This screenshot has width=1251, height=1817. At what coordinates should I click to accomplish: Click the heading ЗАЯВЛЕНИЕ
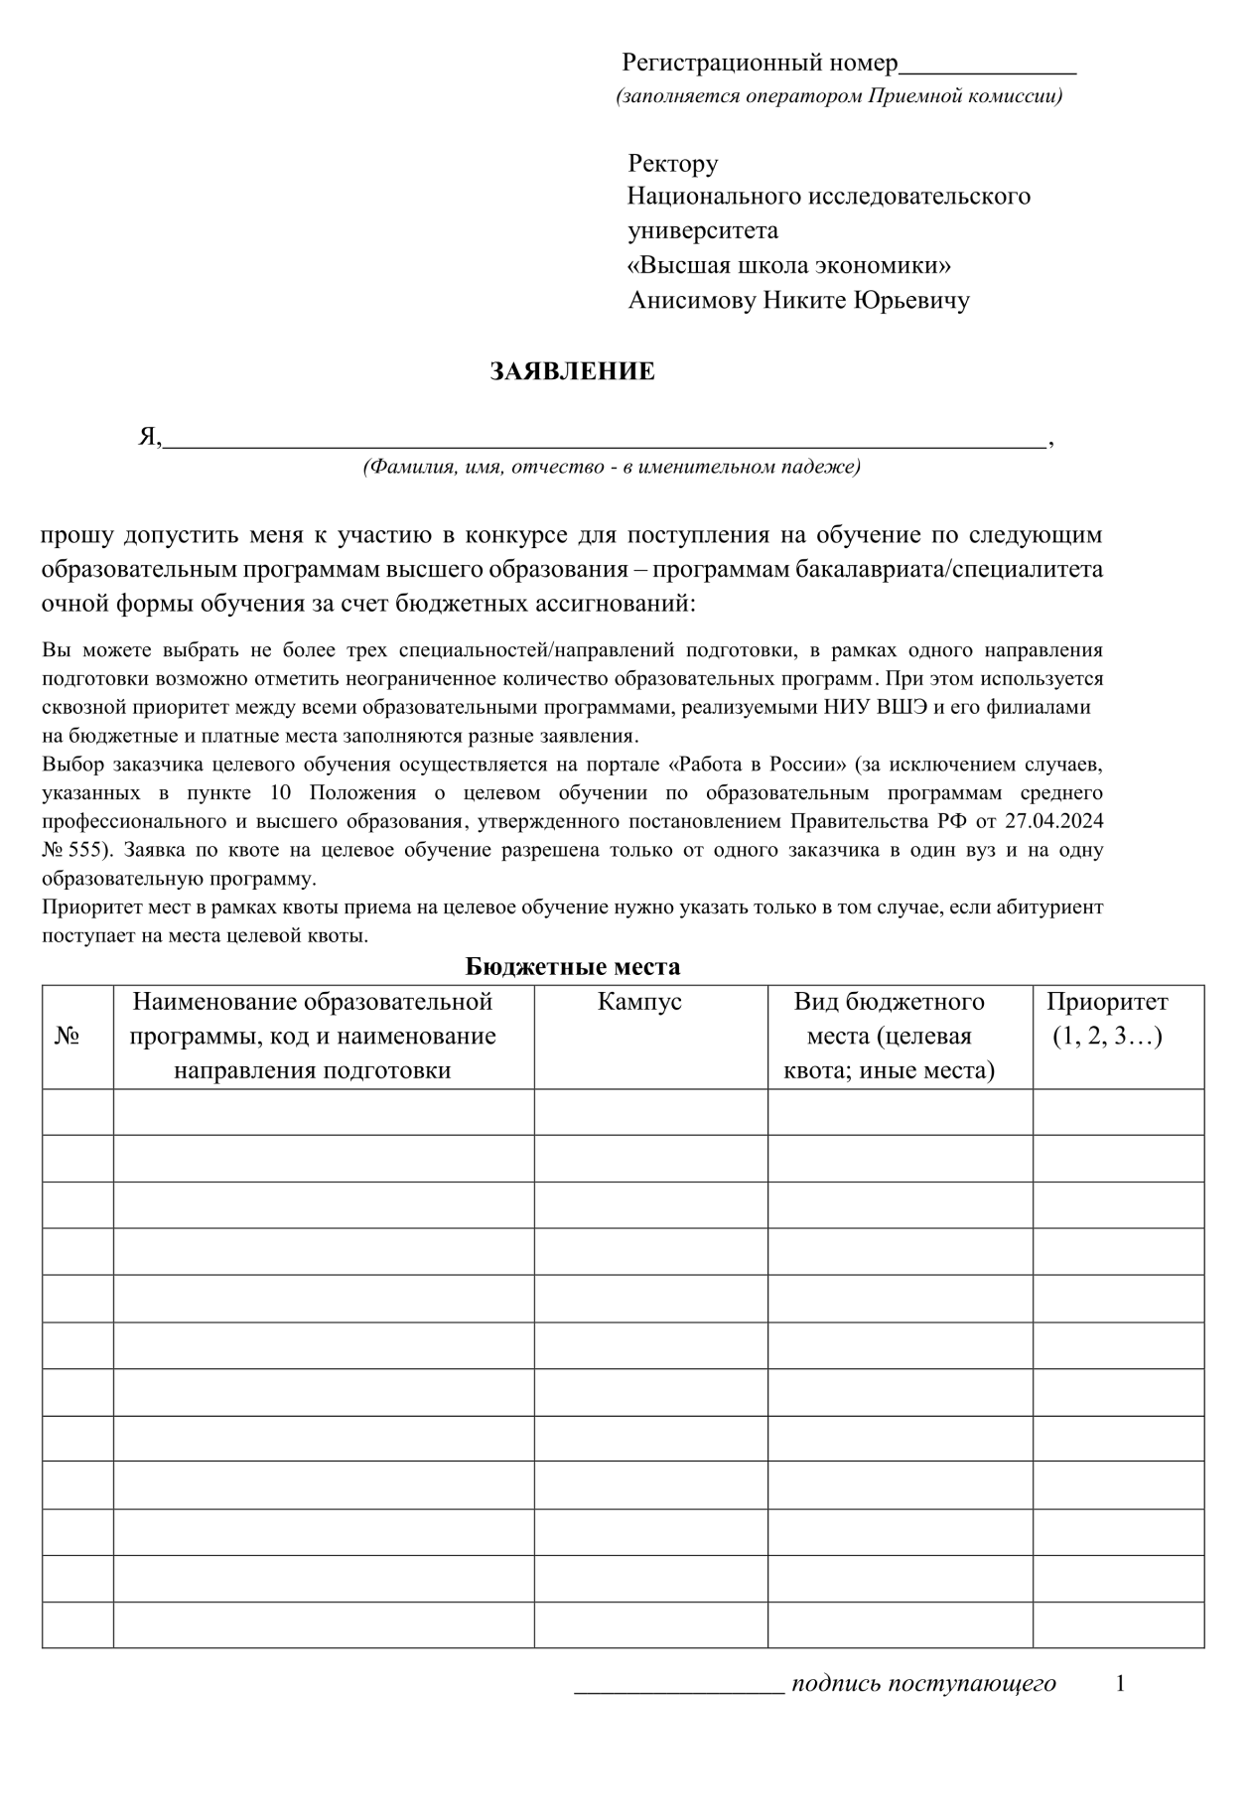572,372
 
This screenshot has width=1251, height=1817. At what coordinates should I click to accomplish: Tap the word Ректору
672,164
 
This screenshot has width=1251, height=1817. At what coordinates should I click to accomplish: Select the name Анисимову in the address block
691,301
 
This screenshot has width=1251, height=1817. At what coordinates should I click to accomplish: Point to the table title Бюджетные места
572,966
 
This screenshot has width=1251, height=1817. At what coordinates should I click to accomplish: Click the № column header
67,1037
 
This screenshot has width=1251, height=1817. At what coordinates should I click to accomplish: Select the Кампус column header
639,1002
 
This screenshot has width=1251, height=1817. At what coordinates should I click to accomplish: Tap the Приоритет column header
1107,1002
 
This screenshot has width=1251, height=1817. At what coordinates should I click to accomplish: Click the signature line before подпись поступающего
680,1685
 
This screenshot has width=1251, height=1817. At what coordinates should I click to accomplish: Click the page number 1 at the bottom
1121,1685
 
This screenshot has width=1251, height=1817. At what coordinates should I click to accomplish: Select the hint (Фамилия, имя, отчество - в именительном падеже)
612,468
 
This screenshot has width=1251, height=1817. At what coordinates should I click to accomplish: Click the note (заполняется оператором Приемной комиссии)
839,97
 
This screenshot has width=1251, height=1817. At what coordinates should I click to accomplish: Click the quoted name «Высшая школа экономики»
789,266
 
